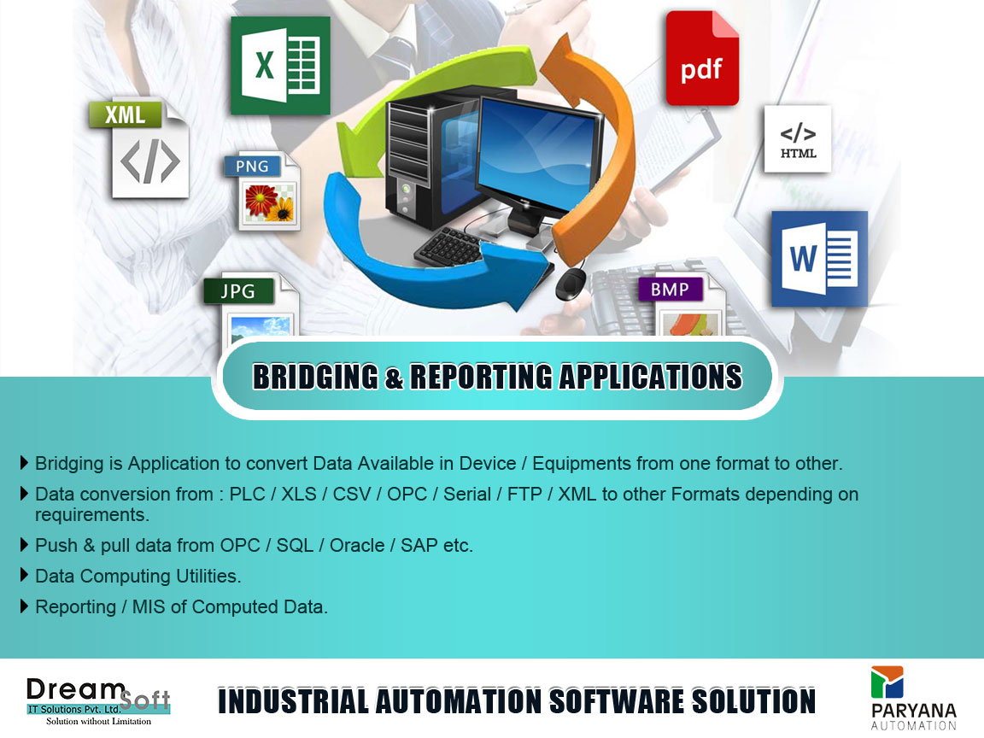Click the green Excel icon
coord(280,65)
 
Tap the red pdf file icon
coord(702,58)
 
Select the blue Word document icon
coord(820,259)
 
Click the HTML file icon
coord(798,138)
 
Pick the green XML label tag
coord(125,114)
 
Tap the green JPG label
coord(238,291)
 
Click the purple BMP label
coord(671,290)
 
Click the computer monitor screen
coord(536,154)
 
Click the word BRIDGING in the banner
coord(315,378)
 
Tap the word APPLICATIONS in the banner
coord(650,378)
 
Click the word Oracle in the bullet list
coord(357,545)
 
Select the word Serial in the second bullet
coord(467,494)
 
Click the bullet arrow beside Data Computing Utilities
coord(25,575)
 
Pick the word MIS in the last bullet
coord(149,606)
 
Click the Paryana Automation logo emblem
coord(887,682)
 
